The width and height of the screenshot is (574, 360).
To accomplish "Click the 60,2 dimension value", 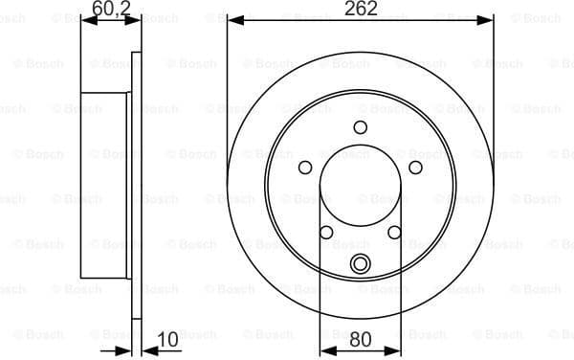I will click(111, 10).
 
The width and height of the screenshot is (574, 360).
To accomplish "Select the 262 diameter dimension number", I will click(361, 9).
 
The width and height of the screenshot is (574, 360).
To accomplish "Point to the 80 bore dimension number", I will click(361, 337).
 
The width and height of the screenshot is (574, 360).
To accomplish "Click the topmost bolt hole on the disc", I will click(361, 127).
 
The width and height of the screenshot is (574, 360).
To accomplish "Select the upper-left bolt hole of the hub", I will click(305, 168).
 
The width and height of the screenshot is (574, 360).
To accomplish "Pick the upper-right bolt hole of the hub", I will click(416, 168).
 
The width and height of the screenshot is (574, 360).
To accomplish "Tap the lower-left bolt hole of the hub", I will click(326, 233).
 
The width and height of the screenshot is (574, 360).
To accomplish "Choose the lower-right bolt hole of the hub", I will click(394, 233).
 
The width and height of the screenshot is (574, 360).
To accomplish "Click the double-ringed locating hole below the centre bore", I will click(361, 265).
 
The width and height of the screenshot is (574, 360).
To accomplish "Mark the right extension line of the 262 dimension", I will click(494, 96).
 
